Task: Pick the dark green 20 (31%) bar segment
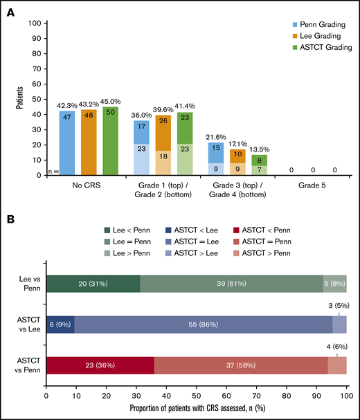click(93, 287)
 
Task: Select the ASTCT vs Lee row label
click(25, 324)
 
